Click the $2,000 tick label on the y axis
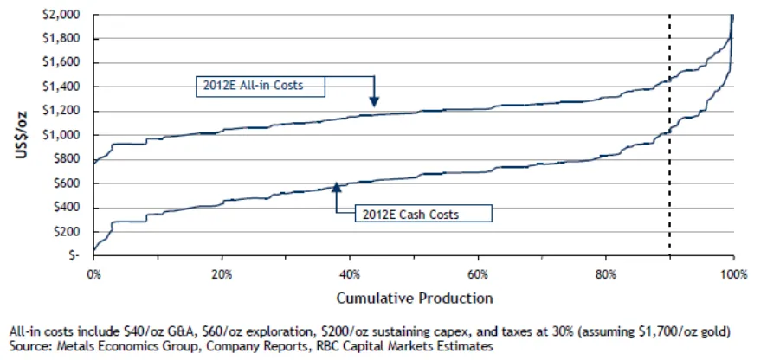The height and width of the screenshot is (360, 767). pyautogui.click(x=70, y=15)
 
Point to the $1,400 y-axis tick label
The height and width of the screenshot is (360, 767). pyautogui.click(x=70, y=87)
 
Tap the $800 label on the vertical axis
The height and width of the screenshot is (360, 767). pyautogui.click(x=74, y=159)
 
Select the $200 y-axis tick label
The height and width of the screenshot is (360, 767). pyautogui.click(x=74, y=231)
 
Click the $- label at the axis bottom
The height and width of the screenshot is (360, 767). pyautogui.click(x=78, y=255)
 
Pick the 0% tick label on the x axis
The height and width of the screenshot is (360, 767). pyautogui.click(x=93, y=275)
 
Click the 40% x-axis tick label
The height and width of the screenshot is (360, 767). pyautogui.click(x=350, y=275)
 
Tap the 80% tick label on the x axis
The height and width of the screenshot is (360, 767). pyautogui.click(x=606, y=275)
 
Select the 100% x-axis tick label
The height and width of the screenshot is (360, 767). pyautogui.click(x=734, y=275)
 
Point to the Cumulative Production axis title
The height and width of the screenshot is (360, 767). pyautogui.click(x=414, y=298)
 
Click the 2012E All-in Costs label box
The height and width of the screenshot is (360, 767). pyautogui.click(x=261, y=87)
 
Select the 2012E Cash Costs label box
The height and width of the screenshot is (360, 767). pyautogui.click(x=423, y=214)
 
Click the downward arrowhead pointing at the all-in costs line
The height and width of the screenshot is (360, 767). pyautogui.click(x=374, y=101)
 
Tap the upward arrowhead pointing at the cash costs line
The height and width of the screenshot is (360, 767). pyautogui.click(x=337, y=186)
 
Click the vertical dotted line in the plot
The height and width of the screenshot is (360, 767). pyautogui.click(x=669, y=134)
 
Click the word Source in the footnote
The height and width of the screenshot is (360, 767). pyautogui.click(x=26, y=346)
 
